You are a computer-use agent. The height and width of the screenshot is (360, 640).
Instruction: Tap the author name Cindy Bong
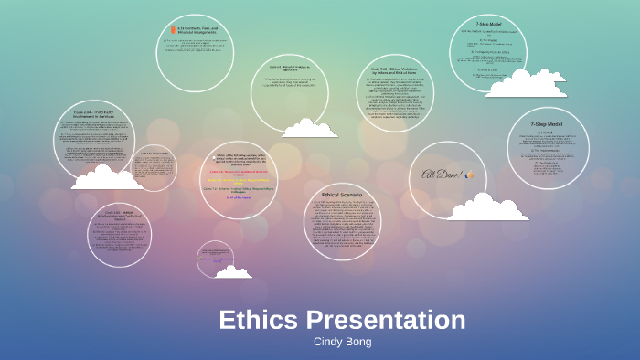coord(342,342)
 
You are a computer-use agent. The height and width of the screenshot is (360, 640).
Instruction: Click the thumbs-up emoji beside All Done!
coord(471,175)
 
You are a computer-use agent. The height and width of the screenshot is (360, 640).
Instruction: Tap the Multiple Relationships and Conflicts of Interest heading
coord(126,216)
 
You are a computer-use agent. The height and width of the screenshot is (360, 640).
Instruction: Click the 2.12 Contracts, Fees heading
coord(206,30)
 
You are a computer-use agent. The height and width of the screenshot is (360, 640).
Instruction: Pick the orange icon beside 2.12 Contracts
coord(171,30)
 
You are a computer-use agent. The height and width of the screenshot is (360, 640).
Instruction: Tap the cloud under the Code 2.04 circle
coord(107,176)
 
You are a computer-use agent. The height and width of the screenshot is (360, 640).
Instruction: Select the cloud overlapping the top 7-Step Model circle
coord(526,84)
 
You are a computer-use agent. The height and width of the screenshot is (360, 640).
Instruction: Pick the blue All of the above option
coord(240,196)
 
